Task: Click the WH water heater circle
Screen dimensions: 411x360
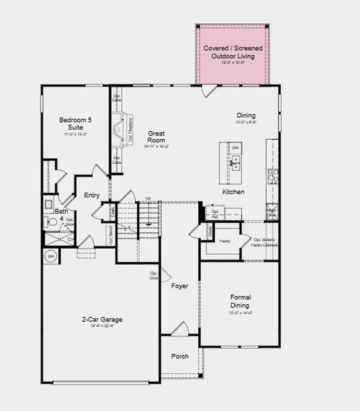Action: pyautogui.click(x=51, y=256)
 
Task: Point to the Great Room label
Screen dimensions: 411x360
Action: pyautogui.click(x=156, y=136)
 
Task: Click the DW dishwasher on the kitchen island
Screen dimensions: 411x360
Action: pyautogui.click(x=235, y=148)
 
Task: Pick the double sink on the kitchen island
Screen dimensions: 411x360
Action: pyautogui.click(x=235, y=163)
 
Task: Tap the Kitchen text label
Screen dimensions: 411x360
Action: pyautogui.click(x=233, y=192)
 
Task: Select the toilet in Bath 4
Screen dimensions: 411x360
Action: pyautogui.click(x=49, y=204)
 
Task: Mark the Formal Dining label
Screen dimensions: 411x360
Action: pyautogui.click(x=240, y=301)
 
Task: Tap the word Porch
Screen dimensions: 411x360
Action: pyautogui.click(x=179, y=356)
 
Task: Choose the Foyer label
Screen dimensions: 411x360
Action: pyautogui.click(x=180, y=286)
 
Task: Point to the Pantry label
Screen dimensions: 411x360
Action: pyautogui.click(x=225, y=241)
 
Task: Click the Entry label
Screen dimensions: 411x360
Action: pyautogui.click(x=92, y=195)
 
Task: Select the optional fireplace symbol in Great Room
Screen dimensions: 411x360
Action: pyautogui.click(x=123, y=129)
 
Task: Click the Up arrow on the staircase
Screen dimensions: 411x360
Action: pyautogui.click(x=147, y=199)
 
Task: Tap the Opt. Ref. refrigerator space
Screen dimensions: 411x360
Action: pyautogui.click(x=215, y=213)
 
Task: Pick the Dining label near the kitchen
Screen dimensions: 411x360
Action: pyautogui.click(x=245, y=116)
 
